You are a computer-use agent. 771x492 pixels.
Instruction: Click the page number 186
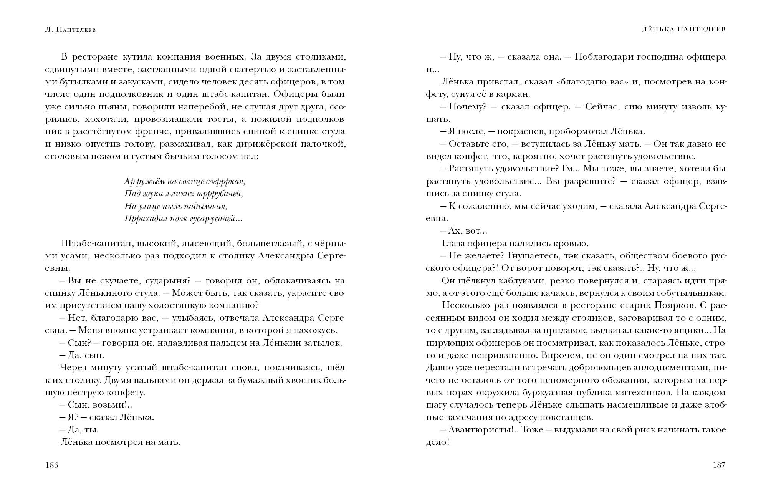click(51, 465)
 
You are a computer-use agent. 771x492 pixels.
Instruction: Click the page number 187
click(719, 465)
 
